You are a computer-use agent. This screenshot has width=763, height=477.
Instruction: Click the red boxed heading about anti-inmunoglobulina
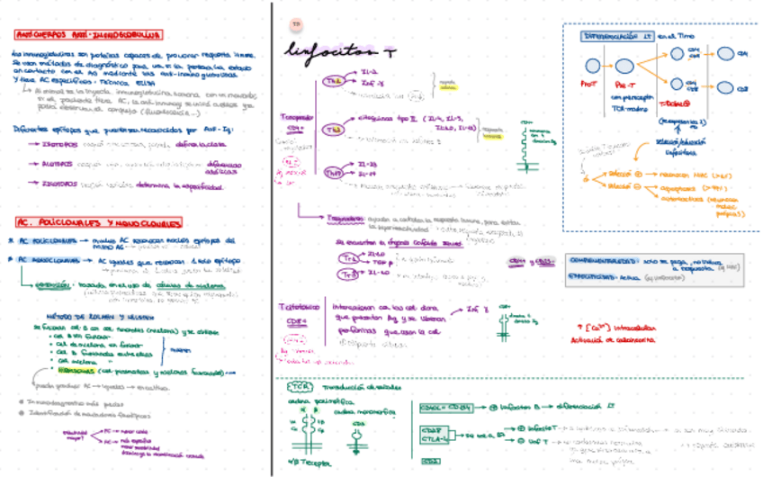[88, 36]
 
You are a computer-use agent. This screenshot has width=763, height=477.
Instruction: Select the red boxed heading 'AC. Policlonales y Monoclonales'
[91, 221]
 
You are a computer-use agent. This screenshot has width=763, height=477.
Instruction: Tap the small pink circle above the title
[296, 22]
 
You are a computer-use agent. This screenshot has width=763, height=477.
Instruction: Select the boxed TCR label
[300, 389]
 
